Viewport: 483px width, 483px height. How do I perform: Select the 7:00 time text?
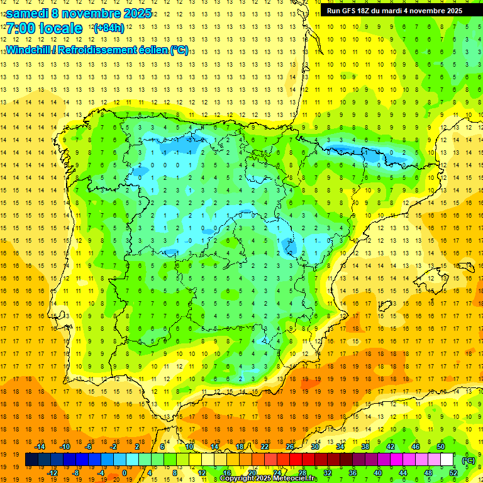20,29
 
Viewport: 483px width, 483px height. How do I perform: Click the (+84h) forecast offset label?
109,28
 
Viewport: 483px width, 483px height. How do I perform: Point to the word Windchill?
27,50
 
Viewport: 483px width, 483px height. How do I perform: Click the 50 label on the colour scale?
441,447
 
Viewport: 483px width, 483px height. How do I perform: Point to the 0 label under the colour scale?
125,473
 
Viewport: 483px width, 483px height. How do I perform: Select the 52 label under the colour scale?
453,473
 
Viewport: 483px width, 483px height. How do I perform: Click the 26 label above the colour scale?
290,447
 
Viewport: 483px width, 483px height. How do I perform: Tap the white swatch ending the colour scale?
447,460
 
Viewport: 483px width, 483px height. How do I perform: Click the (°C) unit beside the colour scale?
469,460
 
